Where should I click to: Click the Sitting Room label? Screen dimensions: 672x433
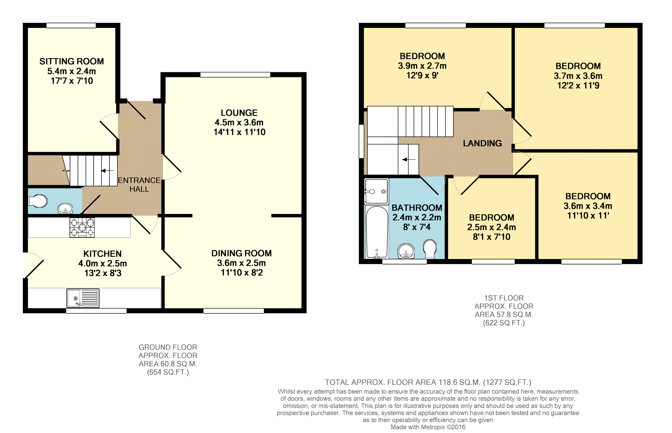coord(72,61)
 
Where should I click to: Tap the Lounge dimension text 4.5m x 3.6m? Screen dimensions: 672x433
coord(239,122)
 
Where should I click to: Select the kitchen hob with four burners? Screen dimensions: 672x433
coord(82,228)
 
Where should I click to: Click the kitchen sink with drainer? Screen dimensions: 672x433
coord(83,298)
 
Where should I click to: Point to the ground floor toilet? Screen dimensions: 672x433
coord(38,201)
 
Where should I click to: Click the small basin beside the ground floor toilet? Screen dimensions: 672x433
coord(65,209)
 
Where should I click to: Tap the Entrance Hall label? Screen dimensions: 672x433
coord(139,184)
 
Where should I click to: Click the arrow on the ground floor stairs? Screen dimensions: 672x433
coord(108,171)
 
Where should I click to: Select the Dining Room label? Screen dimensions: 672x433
coord(242,253)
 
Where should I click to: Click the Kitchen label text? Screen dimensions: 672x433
coord(103,254)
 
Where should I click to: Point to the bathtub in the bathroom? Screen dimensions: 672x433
coord(377,232)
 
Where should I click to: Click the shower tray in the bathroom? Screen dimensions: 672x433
coord(376,191)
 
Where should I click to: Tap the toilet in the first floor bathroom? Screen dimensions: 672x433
coord(430,249)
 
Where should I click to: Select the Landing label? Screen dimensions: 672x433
coord(483,143)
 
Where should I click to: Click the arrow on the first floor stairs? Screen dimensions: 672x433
coord(409,160)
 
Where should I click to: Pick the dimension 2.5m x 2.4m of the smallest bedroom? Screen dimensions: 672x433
coord(491,227)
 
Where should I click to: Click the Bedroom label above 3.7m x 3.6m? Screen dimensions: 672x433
coord(578,66)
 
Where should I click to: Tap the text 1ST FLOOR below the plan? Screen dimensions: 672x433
coord(504,298)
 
